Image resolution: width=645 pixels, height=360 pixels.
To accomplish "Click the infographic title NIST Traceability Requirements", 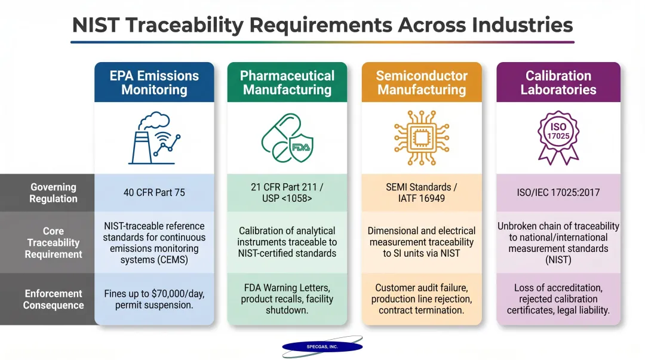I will (x=322, y=25).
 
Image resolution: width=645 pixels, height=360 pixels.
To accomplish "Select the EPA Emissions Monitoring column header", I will (x=154, y=83).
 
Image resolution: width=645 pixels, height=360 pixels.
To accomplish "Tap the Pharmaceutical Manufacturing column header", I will (x=287, y=83).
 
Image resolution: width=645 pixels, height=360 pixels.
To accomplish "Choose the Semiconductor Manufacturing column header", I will (x=422, y=83).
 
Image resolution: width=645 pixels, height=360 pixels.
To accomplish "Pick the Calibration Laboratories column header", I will (x=558, y=83).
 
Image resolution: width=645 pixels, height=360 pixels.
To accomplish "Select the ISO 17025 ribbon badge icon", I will (x=558, y=137).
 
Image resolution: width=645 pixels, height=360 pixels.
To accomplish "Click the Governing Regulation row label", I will (x=53, y=193).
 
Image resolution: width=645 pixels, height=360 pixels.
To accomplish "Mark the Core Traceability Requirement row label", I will (x=53, y=242).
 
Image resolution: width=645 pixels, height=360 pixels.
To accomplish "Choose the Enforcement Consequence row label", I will (x=53, y=299).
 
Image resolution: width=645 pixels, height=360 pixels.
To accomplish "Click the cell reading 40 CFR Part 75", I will (x=154, y=193).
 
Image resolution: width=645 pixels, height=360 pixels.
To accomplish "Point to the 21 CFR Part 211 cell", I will (x=287, y=193).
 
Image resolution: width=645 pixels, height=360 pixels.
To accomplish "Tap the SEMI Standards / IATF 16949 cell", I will (x=422, y=193).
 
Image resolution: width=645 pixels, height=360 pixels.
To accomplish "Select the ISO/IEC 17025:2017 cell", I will (x=558, y=193).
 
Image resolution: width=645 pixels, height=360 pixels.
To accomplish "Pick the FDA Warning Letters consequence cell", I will (x=287, y=299).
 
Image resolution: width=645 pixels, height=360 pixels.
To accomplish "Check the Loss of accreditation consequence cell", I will (x=558, y=299).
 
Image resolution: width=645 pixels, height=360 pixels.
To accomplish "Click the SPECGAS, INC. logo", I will (x=322, y=346).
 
